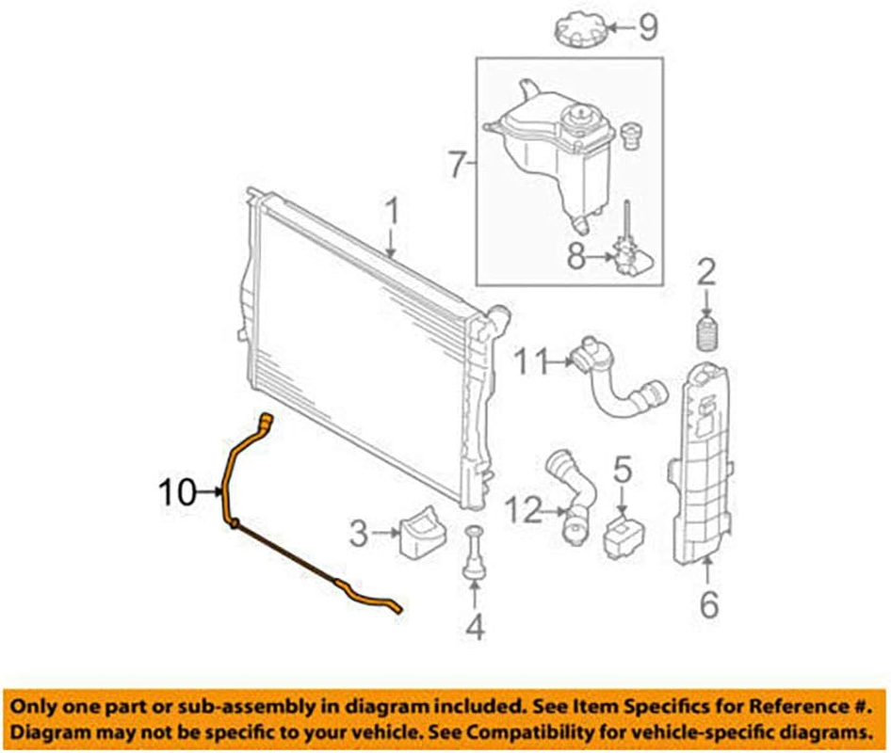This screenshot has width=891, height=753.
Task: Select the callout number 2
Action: [x=706, y=275]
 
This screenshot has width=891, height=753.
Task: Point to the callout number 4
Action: [x=476, y=624]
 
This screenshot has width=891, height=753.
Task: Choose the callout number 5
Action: [x=621, y=467]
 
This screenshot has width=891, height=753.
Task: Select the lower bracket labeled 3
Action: [x=422, y=533]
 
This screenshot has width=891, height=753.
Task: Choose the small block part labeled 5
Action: [x=621, y=532]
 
